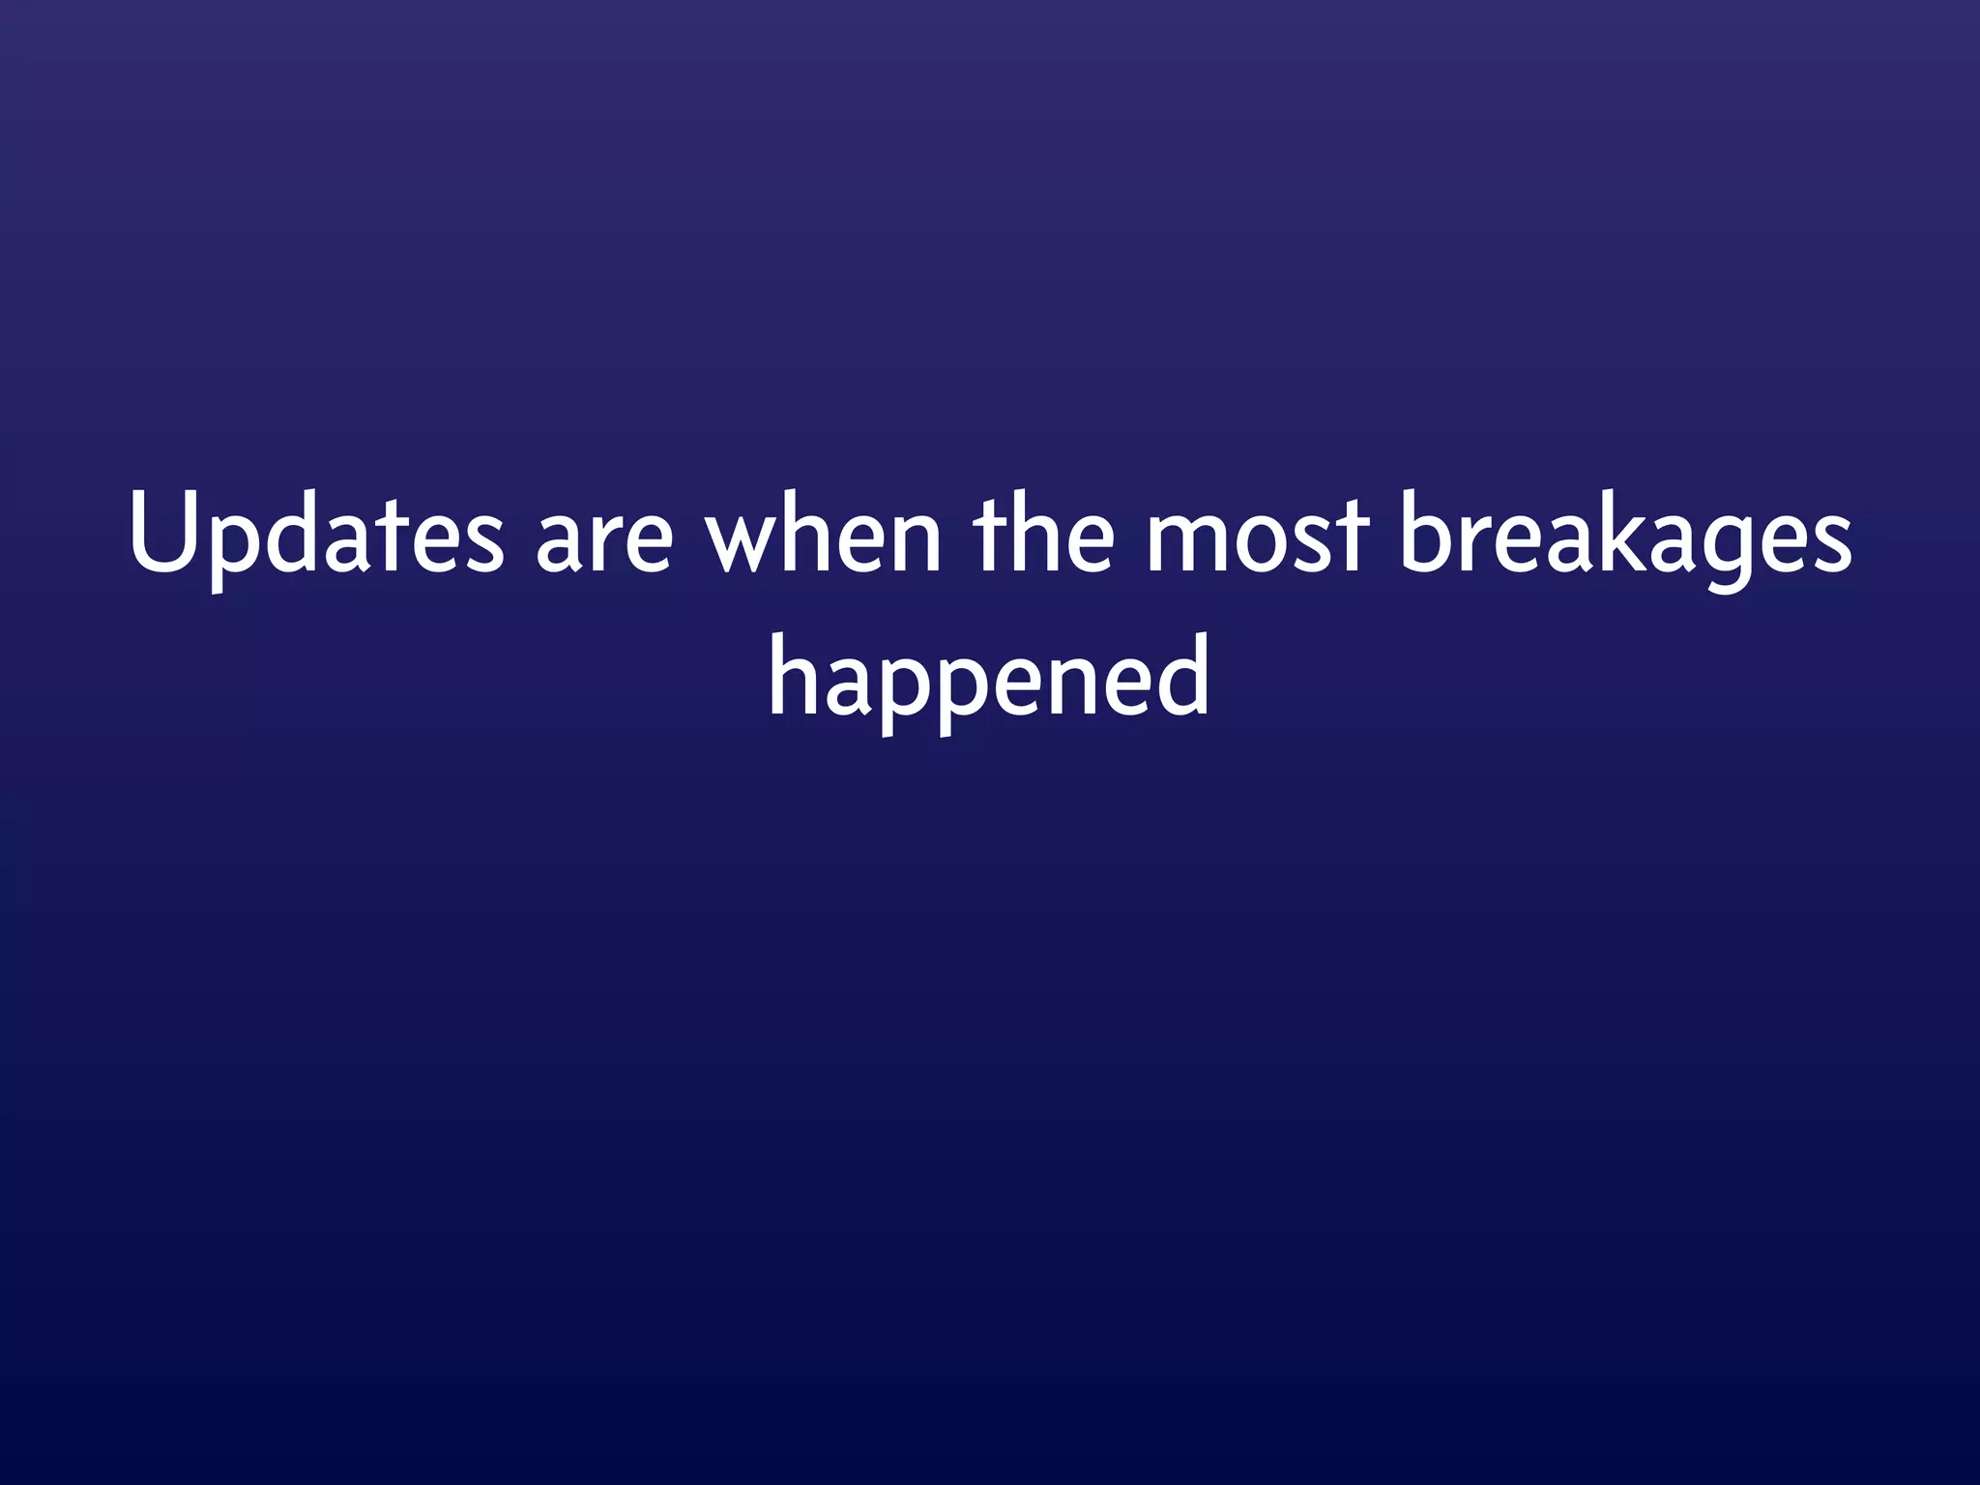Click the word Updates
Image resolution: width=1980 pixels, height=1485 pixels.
click(316, 535)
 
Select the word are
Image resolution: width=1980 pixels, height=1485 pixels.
click(603, 541)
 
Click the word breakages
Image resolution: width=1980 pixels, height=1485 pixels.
click(1624, 538)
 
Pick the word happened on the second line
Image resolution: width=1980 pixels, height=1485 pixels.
click(988, 678)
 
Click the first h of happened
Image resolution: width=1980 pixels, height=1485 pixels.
click(794, 675)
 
